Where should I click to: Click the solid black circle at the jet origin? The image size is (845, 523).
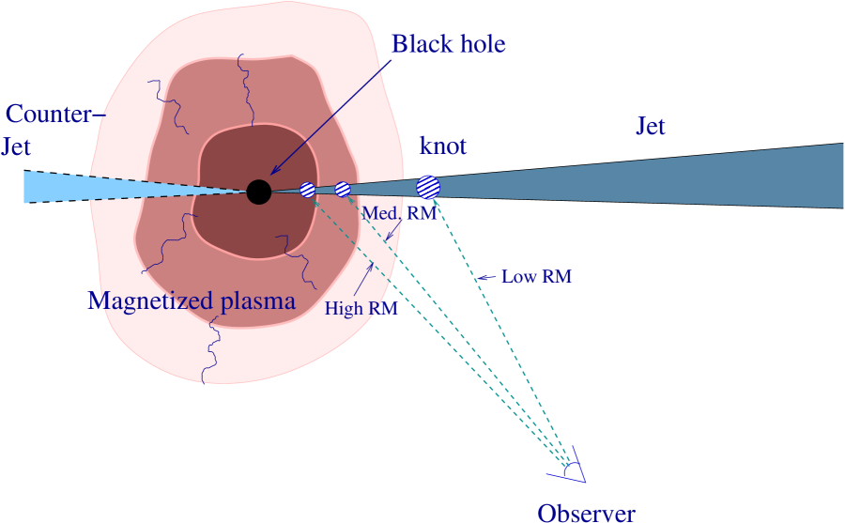pyautogui.click(x=258, y=192)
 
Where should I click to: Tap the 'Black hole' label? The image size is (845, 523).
pyautogui.click(x=449, y=44)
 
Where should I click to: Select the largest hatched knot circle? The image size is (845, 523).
pyautogui.click(x=428, y=187)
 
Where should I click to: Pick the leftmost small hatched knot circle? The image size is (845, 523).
pyautogui.click(x=308, y=190)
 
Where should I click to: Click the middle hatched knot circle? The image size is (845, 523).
pyautogui.click(x=343, y=189)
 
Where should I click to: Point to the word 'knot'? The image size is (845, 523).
pyautogui.click(x=442, y=146)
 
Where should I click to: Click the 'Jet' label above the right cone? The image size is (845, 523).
pyautogui.click(x=652, y=126)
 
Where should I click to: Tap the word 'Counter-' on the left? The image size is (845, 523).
pyautogui.click(x=49, y=115)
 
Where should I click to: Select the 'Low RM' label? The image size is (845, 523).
pyautogui.click(x=536, y=277)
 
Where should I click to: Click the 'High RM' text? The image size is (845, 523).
pyautogui.click(x=361, y=308)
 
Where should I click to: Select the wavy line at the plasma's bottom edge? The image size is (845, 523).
pyautogui.click(x=211, y=352)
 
